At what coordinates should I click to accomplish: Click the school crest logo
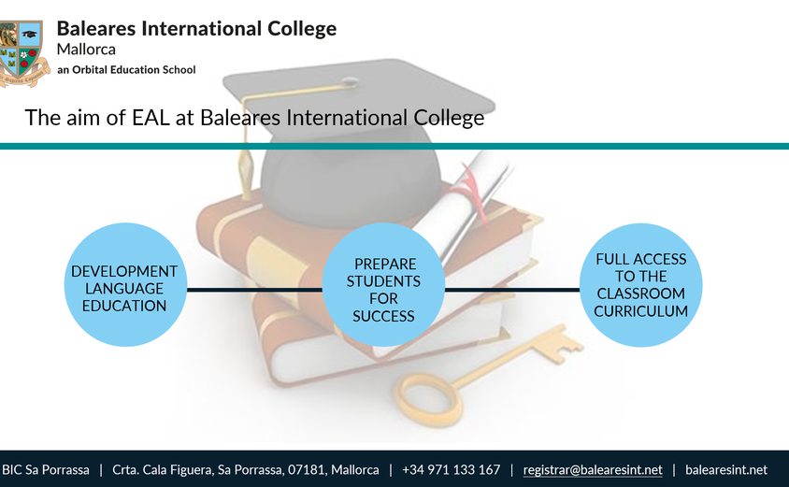(23, 53)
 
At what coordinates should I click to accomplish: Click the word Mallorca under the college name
(86, 50)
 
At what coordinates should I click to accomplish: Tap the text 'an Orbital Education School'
(126, 69)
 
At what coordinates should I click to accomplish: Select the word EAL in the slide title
(151, 117)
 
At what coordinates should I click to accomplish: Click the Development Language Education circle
(125, 285)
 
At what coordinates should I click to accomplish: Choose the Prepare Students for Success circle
(383, 285)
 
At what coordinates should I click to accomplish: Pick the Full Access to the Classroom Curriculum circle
(640, 285)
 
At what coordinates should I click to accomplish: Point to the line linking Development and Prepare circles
(254, 290)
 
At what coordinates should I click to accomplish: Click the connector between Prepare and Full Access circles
(512, 290)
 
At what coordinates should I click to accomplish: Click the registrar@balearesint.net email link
(593, 470)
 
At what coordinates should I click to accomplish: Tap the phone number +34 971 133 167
(451, 470)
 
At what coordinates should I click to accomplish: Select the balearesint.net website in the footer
(726, 470)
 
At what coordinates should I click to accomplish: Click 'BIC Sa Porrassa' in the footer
(46, 470)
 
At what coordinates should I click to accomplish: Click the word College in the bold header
(302, 29)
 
